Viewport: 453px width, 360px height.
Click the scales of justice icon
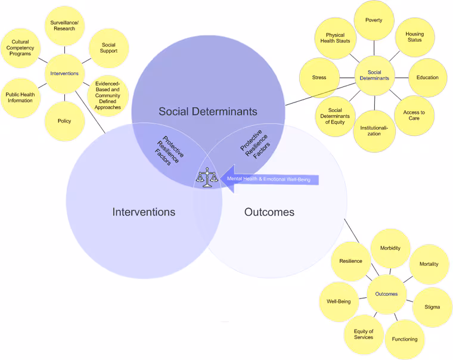(207, 178)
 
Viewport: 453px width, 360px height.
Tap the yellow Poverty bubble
(374, 21)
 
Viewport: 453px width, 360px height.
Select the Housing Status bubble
(414, 37)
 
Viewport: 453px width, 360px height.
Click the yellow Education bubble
(427, 77)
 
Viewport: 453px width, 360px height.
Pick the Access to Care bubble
(414, 116)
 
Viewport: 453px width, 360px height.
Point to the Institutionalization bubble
(374, 131)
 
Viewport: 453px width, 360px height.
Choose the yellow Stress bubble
(319, 77)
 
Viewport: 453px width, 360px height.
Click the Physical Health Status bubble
(335, 39)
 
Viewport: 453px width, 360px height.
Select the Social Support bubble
(108, 48)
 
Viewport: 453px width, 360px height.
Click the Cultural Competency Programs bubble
(20, 48)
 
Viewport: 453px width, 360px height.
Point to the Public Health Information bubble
(20, 98)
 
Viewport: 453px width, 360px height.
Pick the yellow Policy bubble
(64, 121)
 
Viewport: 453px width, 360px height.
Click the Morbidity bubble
(390, 249)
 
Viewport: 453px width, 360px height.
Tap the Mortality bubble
(429, 264)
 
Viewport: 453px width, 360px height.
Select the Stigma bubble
(432, 307)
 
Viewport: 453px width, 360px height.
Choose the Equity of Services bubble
(364, 335)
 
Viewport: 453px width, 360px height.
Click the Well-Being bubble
(339, 302)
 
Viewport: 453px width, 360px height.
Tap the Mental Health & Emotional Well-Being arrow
(271, 179)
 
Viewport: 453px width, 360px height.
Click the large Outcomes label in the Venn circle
(269, 212)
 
